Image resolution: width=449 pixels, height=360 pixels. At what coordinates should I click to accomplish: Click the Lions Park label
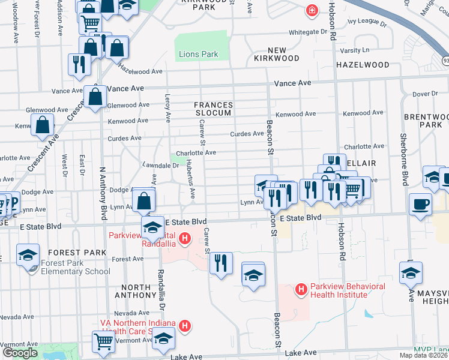[x=198, y=55]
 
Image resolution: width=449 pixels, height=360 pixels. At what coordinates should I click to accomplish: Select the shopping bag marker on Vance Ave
[x=95, y=96]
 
